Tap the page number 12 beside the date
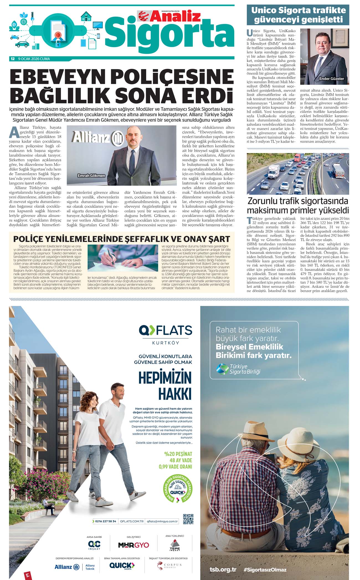tap(12, 59)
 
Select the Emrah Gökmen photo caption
tap(91, 175)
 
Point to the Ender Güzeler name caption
tap(331, 79)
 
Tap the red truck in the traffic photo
tap(298, 158)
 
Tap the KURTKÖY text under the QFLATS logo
tap(166, 343)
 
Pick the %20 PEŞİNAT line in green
tap(178, 454)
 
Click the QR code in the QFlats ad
tap(188, 519)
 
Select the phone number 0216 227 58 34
tap(106, 521)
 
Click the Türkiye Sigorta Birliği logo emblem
tap(222, 369)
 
